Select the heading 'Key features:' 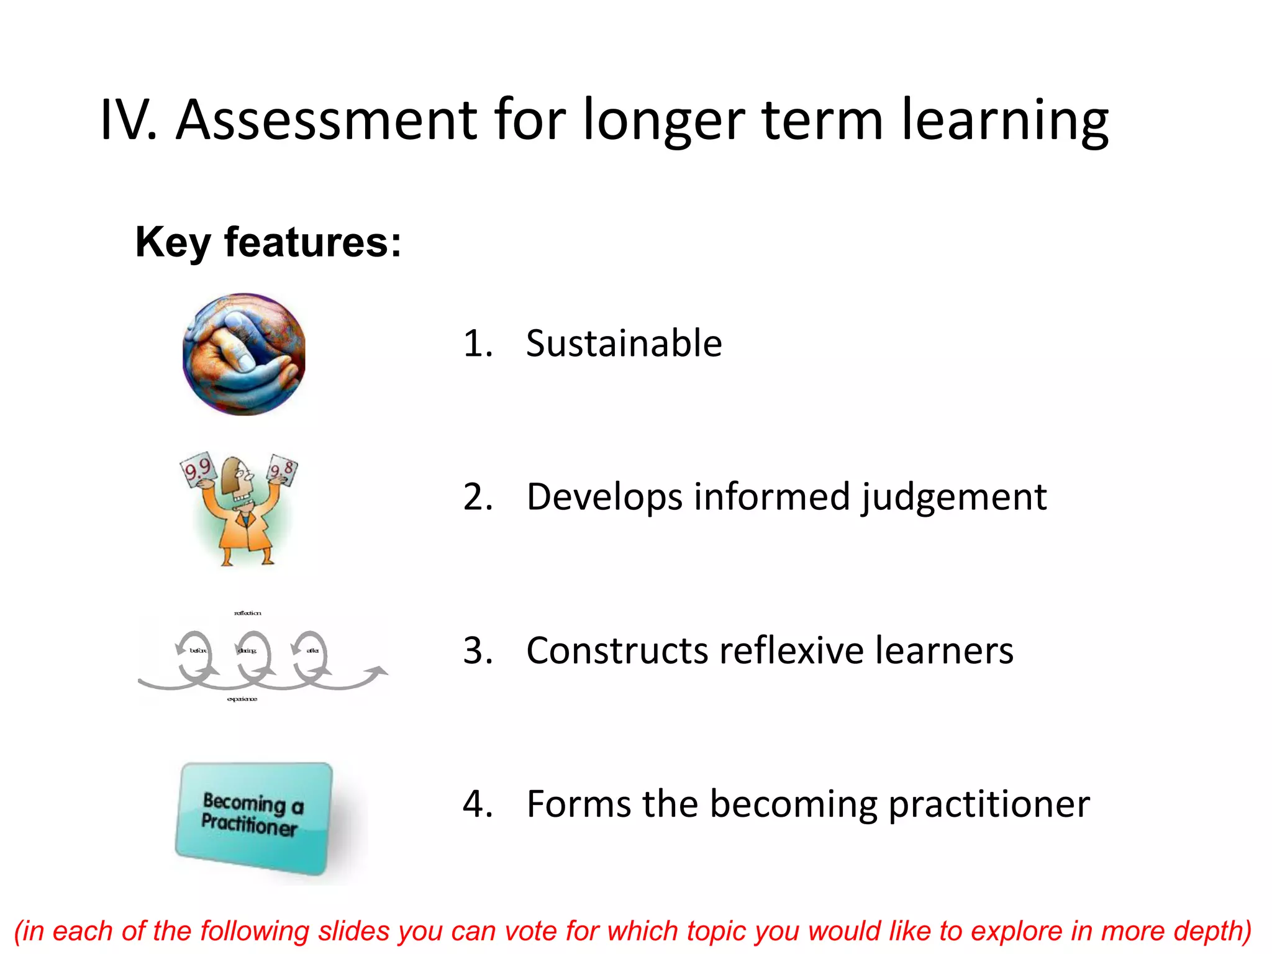coord(268,242)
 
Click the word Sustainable coord(624,343)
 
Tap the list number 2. coord(478,497)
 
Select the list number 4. coord(478,804)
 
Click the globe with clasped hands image coord(244,354)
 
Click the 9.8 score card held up coord(283,470)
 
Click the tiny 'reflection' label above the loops coord(247,613)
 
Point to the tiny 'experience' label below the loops coord(242,699)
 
